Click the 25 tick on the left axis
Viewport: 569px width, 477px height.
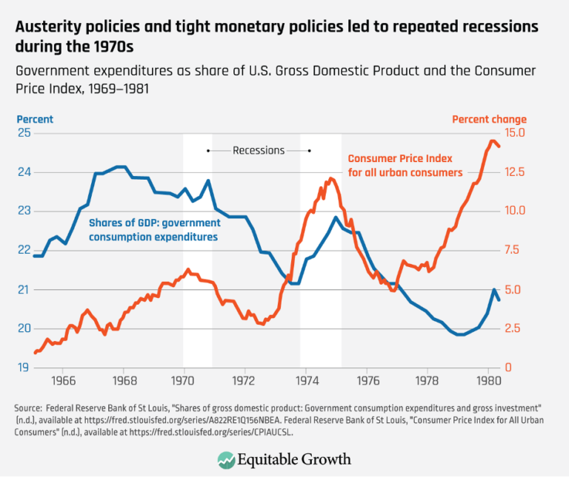click(24, 133)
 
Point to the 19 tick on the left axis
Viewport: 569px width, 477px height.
click(24, 367)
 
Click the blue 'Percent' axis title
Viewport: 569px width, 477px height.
click(36, 119)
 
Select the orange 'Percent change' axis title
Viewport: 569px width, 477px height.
click(489, 119)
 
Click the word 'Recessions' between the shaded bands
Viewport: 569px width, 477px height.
click(259, 150)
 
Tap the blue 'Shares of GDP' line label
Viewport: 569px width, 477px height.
click(155, 230)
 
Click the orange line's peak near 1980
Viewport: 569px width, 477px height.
click(493, 141)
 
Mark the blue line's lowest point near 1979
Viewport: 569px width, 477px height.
click(461, 334)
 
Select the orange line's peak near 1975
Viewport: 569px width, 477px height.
click(330, 178)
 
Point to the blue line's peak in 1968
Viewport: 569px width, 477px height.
click(120, 167)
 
